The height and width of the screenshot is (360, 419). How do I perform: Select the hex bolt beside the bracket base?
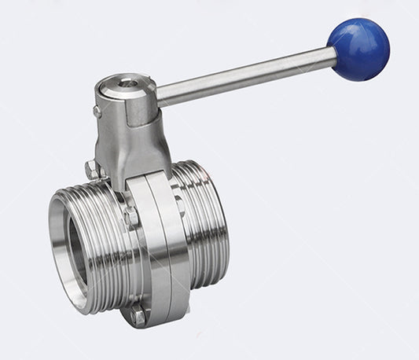[91, 168]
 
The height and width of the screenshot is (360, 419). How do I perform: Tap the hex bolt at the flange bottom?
[138, 315]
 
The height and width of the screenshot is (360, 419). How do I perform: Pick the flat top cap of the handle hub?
[122, 86]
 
